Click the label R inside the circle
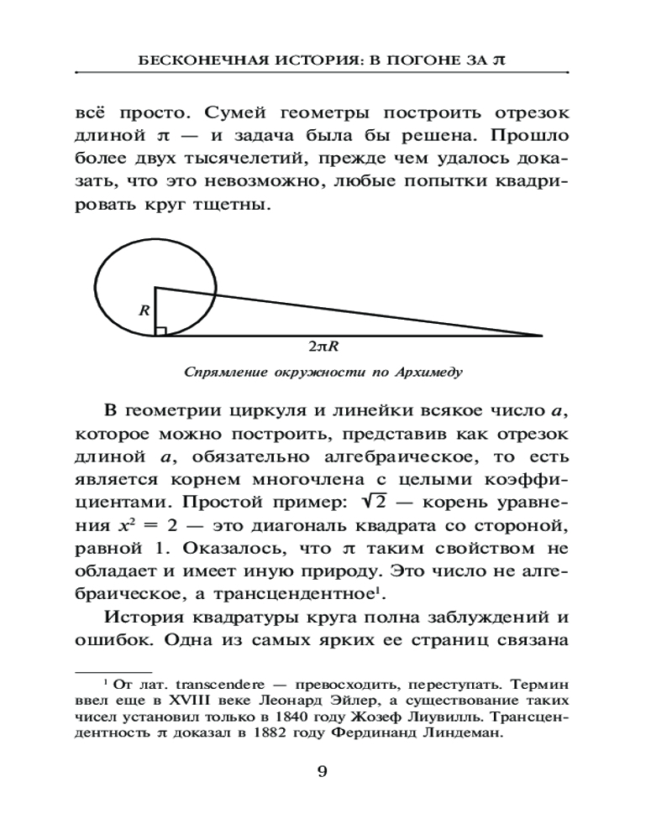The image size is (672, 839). point(144,310)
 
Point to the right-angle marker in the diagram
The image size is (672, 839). point(160,330)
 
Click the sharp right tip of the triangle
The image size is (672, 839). point(540,335)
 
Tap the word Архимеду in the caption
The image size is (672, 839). point(428,369)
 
